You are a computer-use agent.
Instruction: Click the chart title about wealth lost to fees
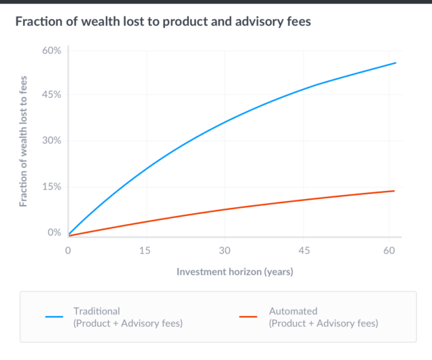pyautogui.click(x=163, y=21)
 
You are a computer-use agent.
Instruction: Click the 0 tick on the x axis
pyautogui.click(x=68, y=251)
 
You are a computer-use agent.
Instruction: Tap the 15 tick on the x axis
pyautogui.click(x=144, y=251)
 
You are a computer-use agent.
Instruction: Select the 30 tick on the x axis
pyautogui.click(x=225, y=251)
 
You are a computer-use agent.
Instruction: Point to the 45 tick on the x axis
pyautogui.click(x=305, y=251)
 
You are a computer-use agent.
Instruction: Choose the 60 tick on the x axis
pyautogui.click(x=387, y=251)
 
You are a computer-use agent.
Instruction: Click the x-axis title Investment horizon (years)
pyautogui.click(x=234, y=272)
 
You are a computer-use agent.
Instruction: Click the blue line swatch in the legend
pyautogui.click(x=54, y=317)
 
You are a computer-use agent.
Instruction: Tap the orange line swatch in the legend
pyautogui.click(x=249, y=317)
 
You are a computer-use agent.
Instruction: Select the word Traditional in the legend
pyautogui.click(x=96, y=311)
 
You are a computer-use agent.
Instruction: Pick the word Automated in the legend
pyautogui.click(x=293, y=311)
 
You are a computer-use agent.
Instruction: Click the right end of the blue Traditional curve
pyautogui.click(x=395, y=63)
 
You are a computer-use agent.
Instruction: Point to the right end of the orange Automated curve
pyautogui.click(x=394, y=191)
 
